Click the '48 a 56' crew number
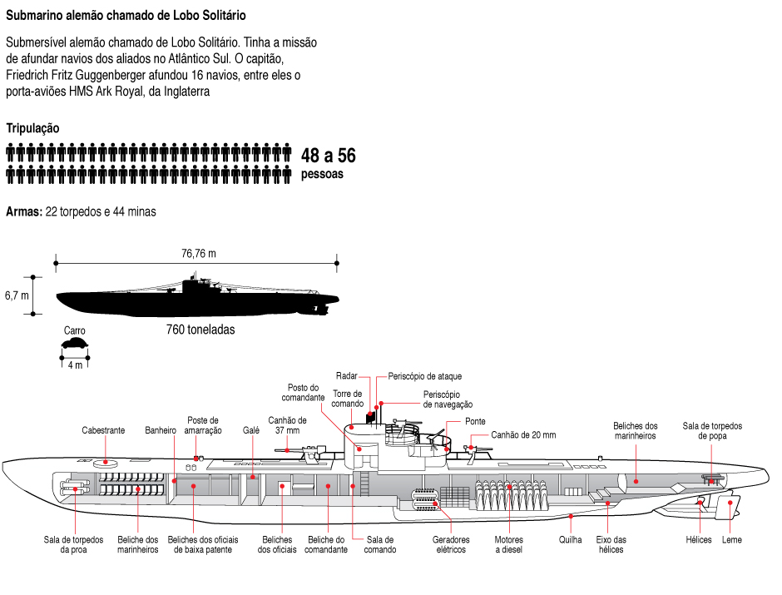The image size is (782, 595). [328, 156]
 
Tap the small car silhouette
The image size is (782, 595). [75, 343]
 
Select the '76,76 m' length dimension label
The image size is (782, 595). [199, 253]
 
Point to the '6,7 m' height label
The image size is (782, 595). [16, 295]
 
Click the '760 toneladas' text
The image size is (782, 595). [200, 330]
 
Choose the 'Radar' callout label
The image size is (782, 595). [347, 376]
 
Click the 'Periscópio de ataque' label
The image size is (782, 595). [424, 376]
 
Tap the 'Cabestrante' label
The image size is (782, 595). [103, 430]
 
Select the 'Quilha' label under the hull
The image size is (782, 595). [571, 539]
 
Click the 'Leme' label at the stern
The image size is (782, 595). [732, 539]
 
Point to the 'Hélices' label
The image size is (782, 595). [699, 539]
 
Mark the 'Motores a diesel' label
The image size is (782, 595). [508, 544]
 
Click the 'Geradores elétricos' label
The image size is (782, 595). [451, 544]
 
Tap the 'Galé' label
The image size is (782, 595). [251, 430]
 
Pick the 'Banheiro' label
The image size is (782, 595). [161, 430]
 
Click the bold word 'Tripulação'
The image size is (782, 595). [32, 128]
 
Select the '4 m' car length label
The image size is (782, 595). [75, 364]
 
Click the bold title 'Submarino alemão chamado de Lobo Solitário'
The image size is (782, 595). [126, 16]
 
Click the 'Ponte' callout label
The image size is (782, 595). [475, 421]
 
